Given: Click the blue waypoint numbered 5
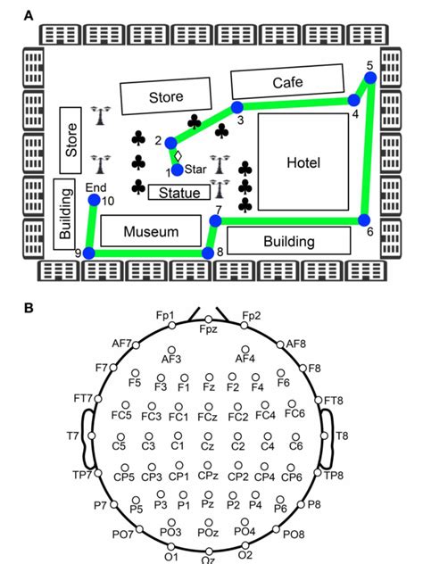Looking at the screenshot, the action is [370, 78].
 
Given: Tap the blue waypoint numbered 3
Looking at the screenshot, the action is [237, 107].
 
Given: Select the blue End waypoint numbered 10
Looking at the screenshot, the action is [95, 200].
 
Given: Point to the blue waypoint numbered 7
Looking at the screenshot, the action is [215, 220].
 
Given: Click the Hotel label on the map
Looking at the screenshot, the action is [303, 162].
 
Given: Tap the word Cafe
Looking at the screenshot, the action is [287, 83].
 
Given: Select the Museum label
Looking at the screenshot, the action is [151, 232].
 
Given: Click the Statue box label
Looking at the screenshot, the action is [179, 193].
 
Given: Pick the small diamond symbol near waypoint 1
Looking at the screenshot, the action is [178, 156].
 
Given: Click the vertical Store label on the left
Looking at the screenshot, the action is [71, 140].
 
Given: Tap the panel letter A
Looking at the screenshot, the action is [29, 16].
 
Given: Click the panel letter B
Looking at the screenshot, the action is [29, 308].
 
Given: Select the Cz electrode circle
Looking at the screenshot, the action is [208, 436].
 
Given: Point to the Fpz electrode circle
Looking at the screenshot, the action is [209, 319].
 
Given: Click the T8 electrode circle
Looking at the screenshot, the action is [324, 436].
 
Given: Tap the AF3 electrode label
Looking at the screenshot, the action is [171, 359].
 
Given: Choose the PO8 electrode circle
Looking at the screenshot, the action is [276, 529].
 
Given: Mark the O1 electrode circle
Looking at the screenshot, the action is [171, 547].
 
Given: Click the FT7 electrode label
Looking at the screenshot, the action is [83, 399].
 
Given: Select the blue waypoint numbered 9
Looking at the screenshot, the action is [89, 253].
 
